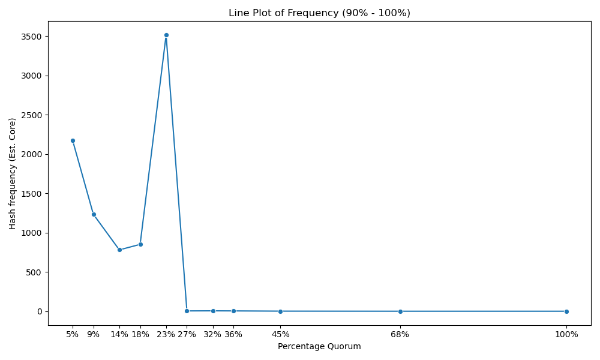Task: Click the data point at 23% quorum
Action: click(x=166, y=35)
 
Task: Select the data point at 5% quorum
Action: click(x=73, y=141)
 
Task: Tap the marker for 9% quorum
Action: click(x=94, y=215)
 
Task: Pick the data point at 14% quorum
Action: click(x=119, y=250)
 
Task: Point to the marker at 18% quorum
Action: click(x=140, y=244)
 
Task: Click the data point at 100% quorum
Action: click(x=566, y=311)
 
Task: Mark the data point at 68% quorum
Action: click(x=400, y=311)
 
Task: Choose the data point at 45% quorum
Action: click(x=280, y=311)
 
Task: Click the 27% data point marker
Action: click(x=187, y=311)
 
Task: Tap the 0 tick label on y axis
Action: click(x=40, y=312)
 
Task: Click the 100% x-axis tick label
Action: click(x=566, y=335)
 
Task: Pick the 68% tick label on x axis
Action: click(x=400, y=335)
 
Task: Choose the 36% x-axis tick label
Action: click(x=233, y=335)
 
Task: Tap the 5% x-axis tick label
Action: click(x=73, y=335)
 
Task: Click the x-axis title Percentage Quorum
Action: click(x=319, y=347)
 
